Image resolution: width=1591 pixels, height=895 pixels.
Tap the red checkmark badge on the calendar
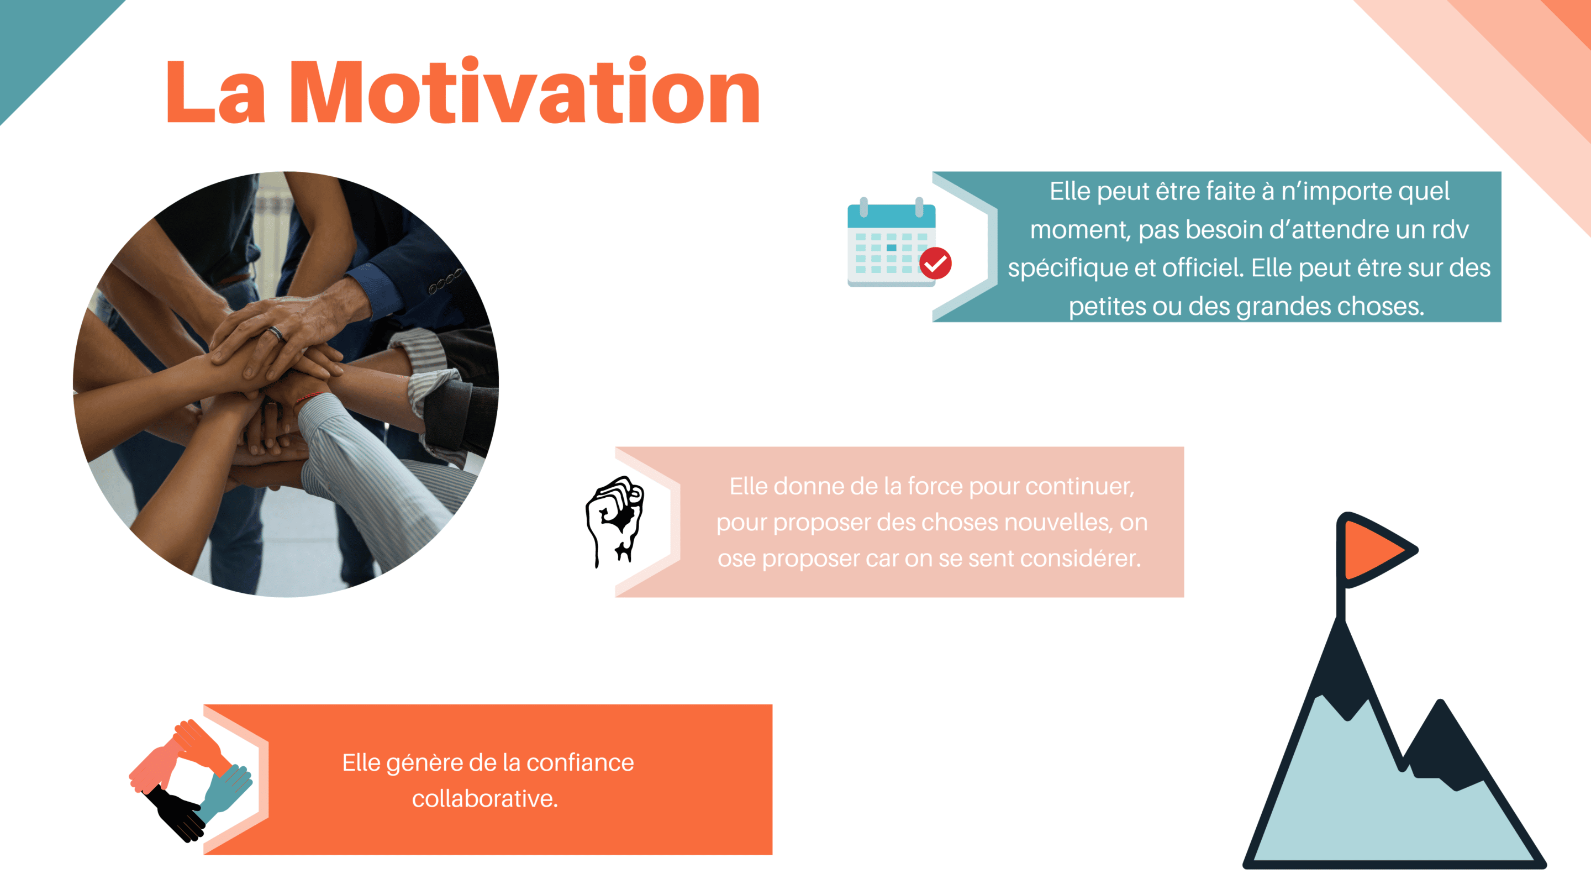point(935,264)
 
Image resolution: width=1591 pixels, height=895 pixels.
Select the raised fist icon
point(614,520)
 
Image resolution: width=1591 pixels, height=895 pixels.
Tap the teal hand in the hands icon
point(225,793)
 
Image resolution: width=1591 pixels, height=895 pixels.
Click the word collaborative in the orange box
point(485,799)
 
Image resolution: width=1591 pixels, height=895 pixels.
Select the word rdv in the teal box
point(1450,230)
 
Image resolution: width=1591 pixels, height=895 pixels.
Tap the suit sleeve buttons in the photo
point(445,282)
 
